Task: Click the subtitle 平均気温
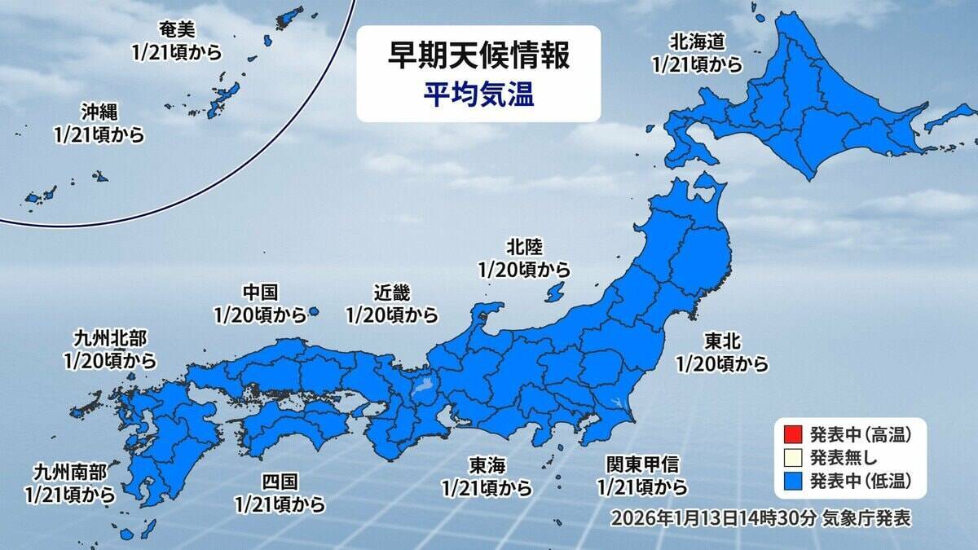click(x=478, y=95)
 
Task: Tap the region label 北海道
click(x=697, y=40)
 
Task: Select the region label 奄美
click(x=176, y=30)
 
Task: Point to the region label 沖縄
click(x=99, y=111)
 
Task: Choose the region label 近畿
click(x=391, y=292)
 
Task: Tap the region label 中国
click(x=261, y=291)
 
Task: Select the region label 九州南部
click(x=71, y=471)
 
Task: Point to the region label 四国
click(x=279, y=482)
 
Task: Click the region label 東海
click(x=487, y=465)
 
